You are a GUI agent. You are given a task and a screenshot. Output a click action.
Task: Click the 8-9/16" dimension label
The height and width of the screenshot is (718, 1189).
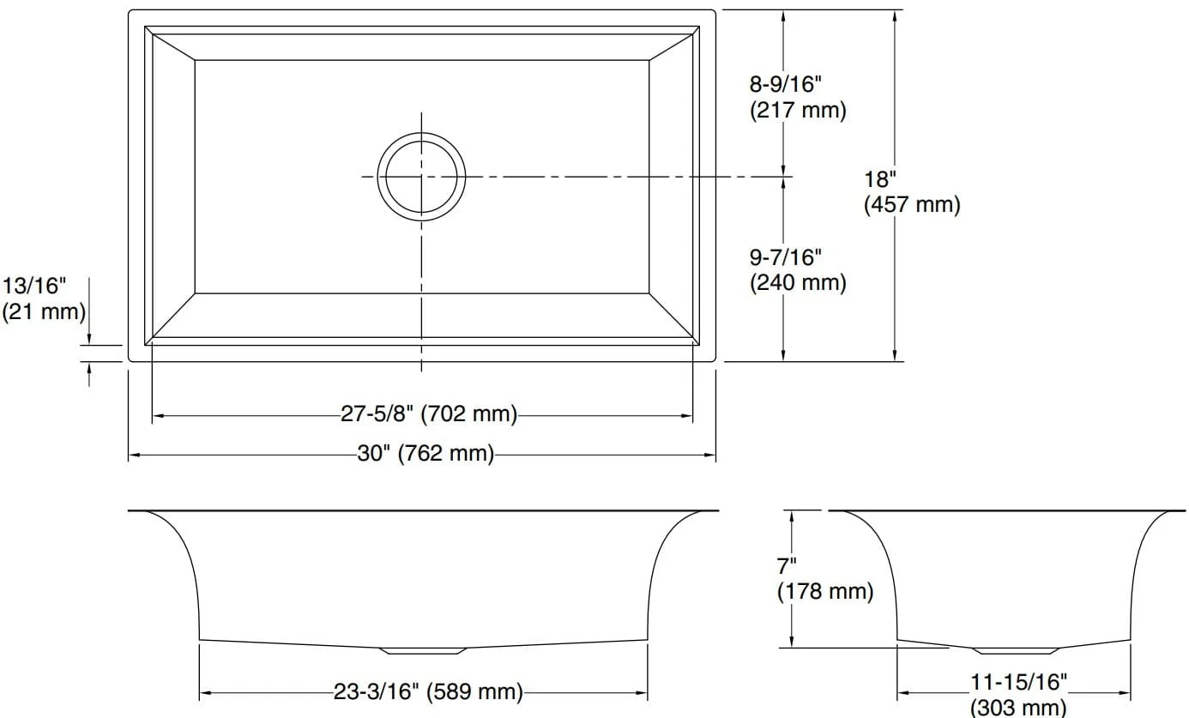pos(785,84)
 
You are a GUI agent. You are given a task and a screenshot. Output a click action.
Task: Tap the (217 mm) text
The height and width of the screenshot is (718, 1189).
pos(798,111)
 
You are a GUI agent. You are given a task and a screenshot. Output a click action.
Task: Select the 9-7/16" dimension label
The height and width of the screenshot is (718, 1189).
pos(785,257)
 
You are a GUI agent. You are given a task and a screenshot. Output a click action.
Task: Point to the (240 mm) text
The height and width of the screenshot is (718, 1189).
pos(798,283)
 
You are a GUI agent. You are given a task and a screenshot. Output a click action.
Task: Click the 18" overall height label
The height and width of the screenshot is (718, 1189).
pos(880,180)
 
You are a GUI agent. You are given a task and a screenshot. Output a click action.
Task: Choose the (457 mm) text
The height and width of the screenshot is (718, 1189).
pos(912,205)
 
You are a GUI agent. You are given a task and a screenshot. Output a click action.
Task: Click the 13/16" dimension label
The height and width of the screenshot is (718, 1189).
pos(34,286)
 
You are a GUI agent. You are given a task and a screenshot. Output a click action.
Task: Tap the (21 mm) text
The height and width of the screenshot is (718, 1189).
pos(44,311)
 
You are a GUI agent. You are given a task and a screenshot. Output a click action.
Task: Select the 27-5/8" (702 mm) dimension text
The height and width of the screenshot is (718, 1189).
pos(429,414)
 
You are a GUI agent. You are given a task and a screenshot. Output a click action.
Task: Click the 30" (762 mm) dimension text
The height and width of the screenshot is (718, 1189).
pos(426,454)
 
